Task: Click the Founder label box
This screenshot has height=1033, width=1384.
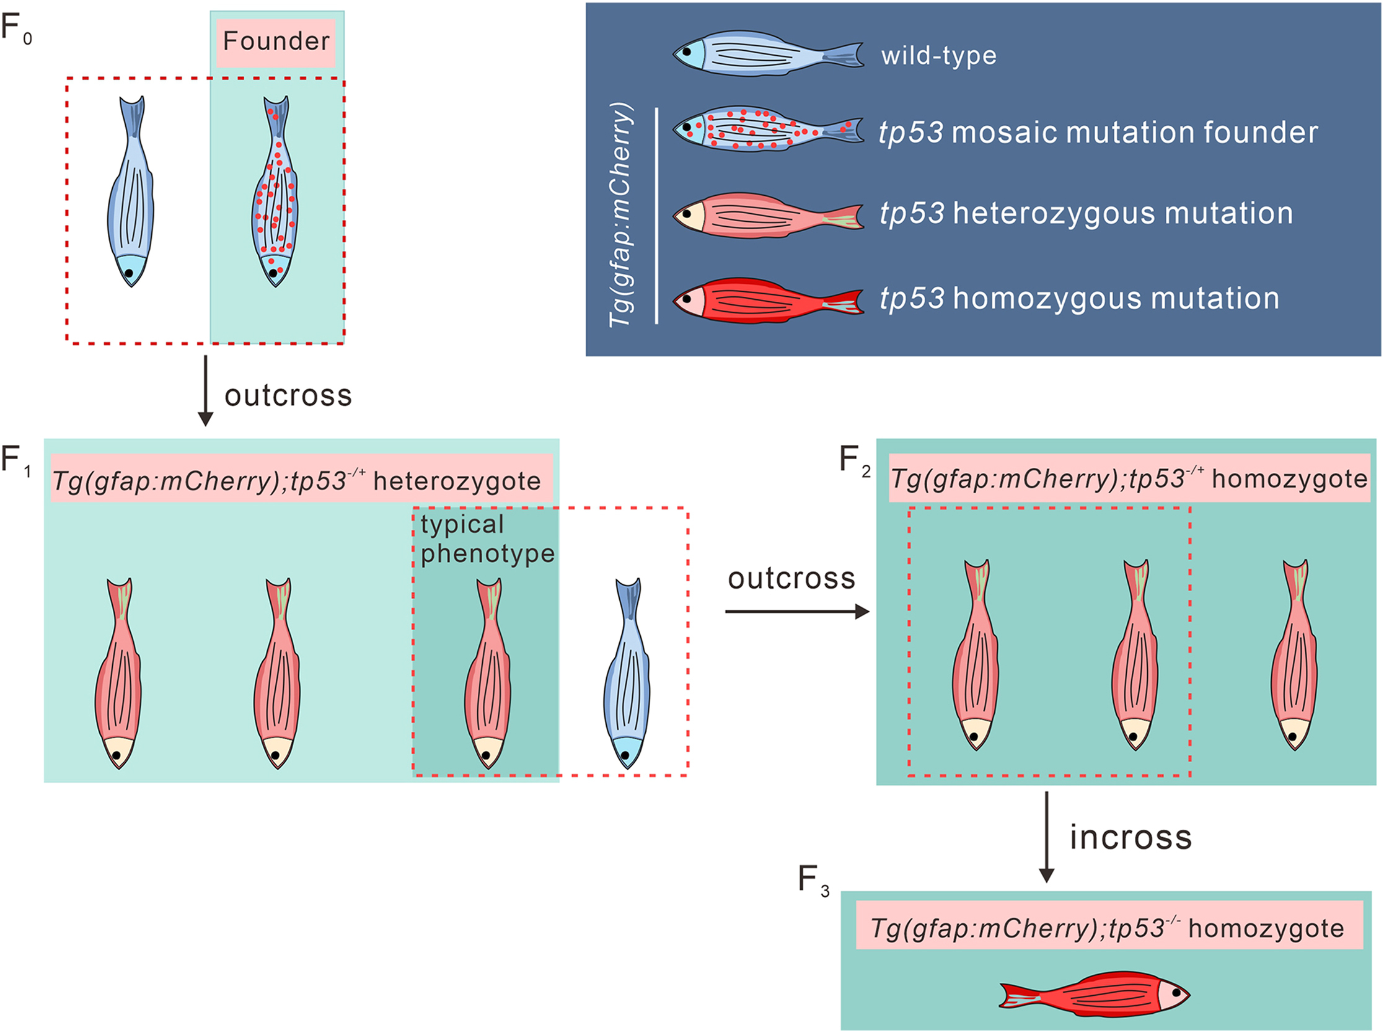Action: click(276, 42)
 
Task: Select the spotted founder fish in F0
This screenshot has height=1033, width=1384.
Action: click(276, 194)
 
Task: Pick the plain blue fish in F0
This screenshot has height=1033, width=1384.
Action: click(131, 194)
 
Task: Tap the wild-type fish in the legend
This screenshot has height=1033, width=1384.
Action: click(768, 55)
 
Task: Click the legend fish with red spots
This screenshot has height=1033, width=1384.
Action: click(768, 130)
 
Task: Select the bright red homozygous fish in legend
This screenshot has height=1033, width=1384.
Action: click(768, 300)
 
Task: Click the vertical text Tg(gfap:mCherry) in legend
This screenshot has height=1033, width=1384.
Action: click(621, 214)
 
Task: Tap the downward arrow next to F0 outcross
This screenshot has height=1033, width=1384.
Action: click(205, 390)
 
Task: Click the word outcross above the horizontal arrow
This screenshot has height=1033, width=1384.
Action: click(791, 578)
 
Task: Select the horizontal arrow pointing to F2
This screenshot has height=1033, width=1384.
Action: click(797, 611)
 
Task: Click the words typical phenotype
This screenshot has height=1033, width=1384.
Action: click(487, 539)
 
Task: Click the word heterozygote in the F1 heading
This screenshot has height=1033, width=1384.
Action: click(457, 481)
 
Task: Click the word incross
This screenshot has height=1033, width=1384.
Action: click(1130, 837)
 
